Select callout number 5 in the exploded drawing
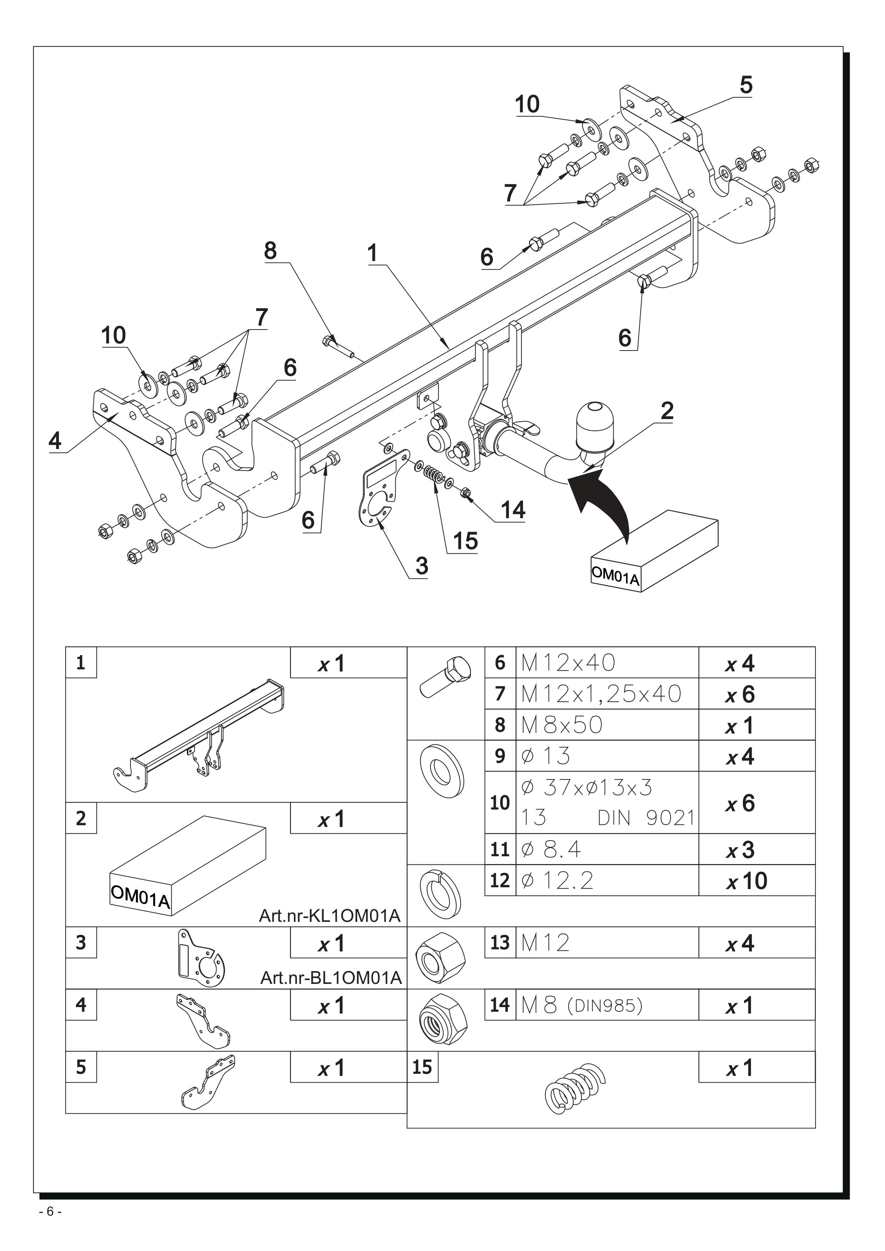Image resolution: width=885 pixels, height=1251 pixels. tap(746, 85)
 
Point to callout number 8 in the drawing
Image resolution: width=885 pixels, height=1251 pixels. tap(270, 251)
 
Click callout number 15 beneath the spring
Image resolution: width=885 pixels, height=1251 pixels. tap(465, 541)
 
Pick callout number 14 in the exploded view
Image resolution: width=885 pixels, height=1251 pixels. tap(513, 510)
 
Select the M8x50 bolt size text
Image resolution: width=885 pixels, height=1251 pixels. tap(562, 725)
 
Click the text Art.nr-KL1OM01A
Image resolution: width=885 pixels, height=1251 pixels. tap(330, 916)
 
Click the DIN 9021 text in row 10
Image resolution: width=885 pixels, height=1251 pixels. tap(646, 818)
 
